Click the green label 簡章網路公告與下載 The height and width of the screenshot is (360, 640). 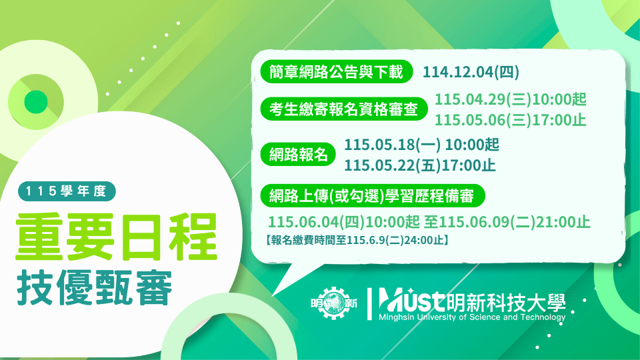[333, 72]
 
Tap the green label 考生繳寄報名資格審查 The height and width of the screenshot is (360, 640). [339, 109]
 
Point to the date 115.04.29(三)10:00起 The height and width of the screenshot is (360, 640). [511, 100]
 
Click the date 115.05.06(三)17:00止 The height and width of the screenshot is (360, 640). [511, 119]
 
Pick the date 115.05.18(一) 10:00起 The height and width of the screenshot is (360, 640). [421, 145]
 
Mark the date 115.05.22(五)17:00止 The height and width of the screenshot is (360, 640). [419, 164]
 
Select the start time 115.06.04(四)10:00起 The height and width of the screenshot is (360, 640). [344, 223]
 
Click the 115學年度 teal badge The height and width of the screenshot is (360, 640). [67, 191]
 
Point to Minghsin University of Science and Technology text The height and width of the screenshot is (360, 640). [471, 317]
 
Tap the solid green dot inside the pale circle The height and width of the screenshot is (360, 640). [35, 101]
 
